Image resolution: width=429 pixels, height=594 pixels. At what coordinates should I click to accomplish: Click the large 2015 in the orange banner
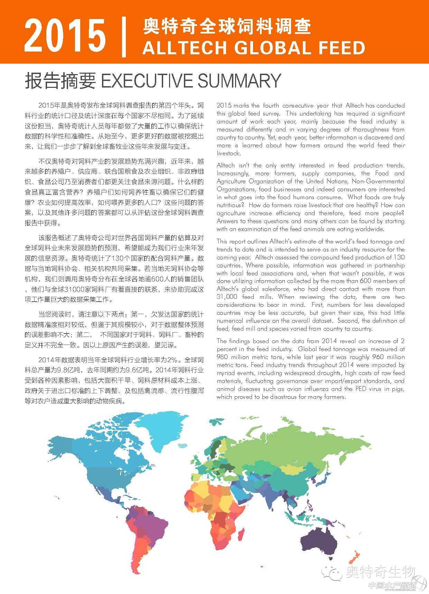[x=65, y=35]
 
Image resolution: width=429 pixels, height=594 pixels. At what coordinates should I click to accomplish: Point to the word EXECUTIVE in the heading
[x=146, y=81]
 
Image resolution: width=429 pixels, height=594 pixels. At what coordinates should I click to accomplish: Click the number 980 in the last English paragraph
[x=223, y=357]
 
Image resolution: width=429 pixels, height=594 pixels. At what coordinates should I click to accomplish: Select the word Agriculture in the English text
[x=232, y=181]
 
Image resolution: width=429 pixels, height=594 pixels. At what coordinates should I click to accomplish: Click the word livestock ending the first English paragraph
[x=229, y=153]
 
